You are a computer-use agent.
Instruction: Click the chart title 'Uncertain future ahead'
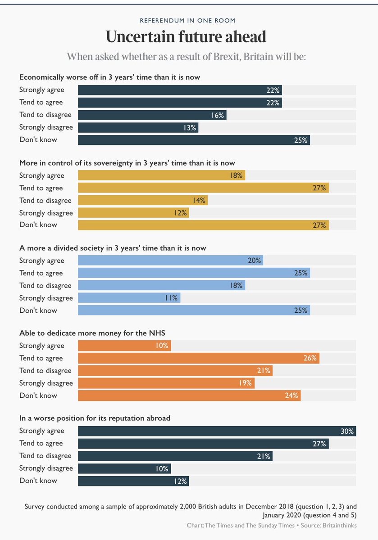[x=189, y=36]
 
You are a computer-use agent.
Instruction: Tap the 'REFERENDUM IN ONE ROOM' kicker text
[x=189, y=21]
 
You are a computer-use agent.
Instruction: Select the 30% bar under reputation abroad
[x=217, y=431]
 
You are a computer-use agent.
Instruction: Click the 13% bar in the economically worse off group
[x=138, y=128]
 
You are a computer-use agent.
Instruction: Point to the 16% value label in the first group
[x=218, y=115]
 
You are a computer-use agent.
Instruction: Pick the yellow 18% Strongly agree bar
[x=161, y=175]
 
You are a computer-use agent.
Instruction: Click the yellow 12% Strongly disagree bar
[x=133, y=213]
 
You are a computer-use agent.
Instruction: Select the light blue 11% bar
[x=129, y=298]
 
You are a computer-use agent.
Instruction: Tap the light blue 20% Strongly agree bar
[x=170, y=261]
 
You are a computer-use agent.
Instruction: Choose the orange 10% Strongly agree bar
[x=124, y=346]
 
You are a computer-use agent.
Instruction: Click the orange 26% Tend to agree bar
[x=198, y=358]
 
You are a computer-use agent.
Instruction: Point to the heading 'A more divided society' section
[x=113, y=248]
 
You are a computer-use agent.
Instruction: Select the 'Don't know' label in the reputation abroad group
[x=38, y=481]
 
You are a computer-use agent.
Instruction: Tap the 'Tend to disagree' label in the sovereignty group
[x=45, y=200]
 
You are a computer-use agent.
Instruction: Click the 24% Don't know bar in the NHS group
[x=189, y=396]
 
